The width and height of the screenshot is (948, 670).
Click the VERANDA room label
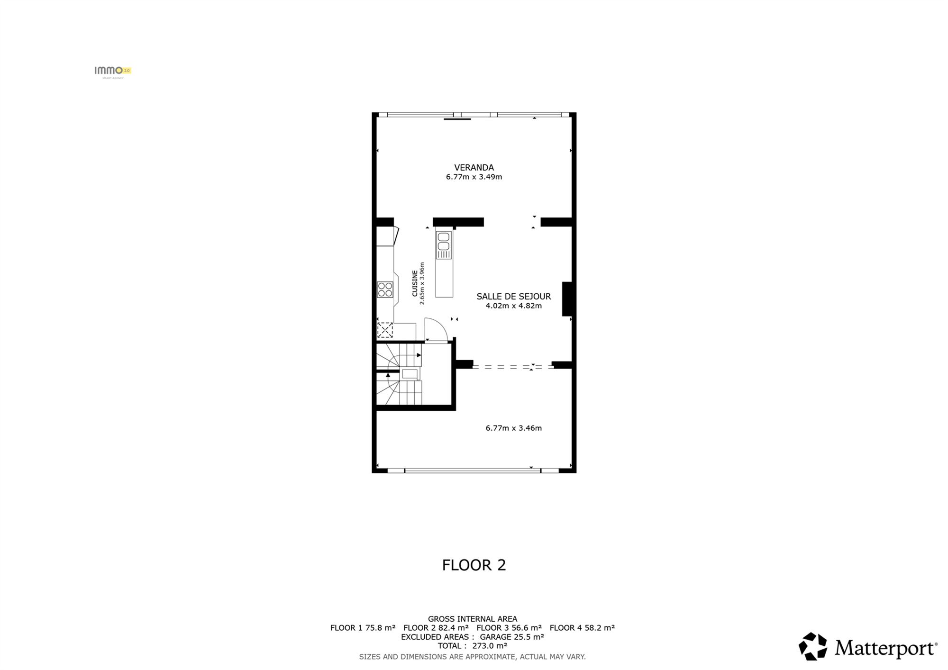click(474, 167)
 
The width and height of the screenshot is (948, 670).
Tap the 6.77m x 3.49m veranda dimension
click(474, 177)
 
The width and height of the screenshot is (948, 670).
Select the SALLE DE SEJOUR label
click(514, 297)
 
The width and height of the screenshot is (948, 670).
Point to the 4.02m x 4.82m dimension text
click(514, 306)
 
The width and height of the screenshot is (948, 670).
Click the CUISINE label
click(415, 283)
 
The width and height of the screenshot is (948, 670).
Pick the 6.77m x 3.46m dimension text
click(514, 428)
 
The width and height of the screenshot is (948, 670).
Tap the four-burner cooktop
click(385, 290)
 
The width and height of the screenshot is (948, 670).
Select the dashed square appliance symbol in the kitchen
click(385, 330)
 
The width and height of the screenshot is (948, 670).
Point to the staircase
click(399, 374)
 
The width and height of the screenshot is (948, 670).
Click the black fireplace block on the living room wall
click(567, 299)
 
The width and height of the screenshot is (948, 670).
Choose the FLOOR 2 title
click(474, 565)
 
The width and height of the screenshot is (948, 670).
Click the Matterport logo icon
click(813, 647)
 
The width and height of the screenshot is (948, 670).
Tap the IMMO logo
click(113, 71)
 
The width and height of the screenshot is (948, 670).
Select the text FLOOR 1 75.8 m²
click(363, 628)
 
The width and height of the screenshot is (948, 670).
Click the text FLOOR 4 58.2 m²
click(583, 628)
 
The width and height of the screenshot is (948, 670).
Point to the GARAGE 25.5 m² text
click(512, 637)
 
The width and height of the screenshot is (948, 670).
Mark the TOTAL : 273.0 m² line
click(473, 646)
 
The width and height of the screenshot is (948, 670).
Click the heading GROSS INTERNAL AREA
click(473, 619)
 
